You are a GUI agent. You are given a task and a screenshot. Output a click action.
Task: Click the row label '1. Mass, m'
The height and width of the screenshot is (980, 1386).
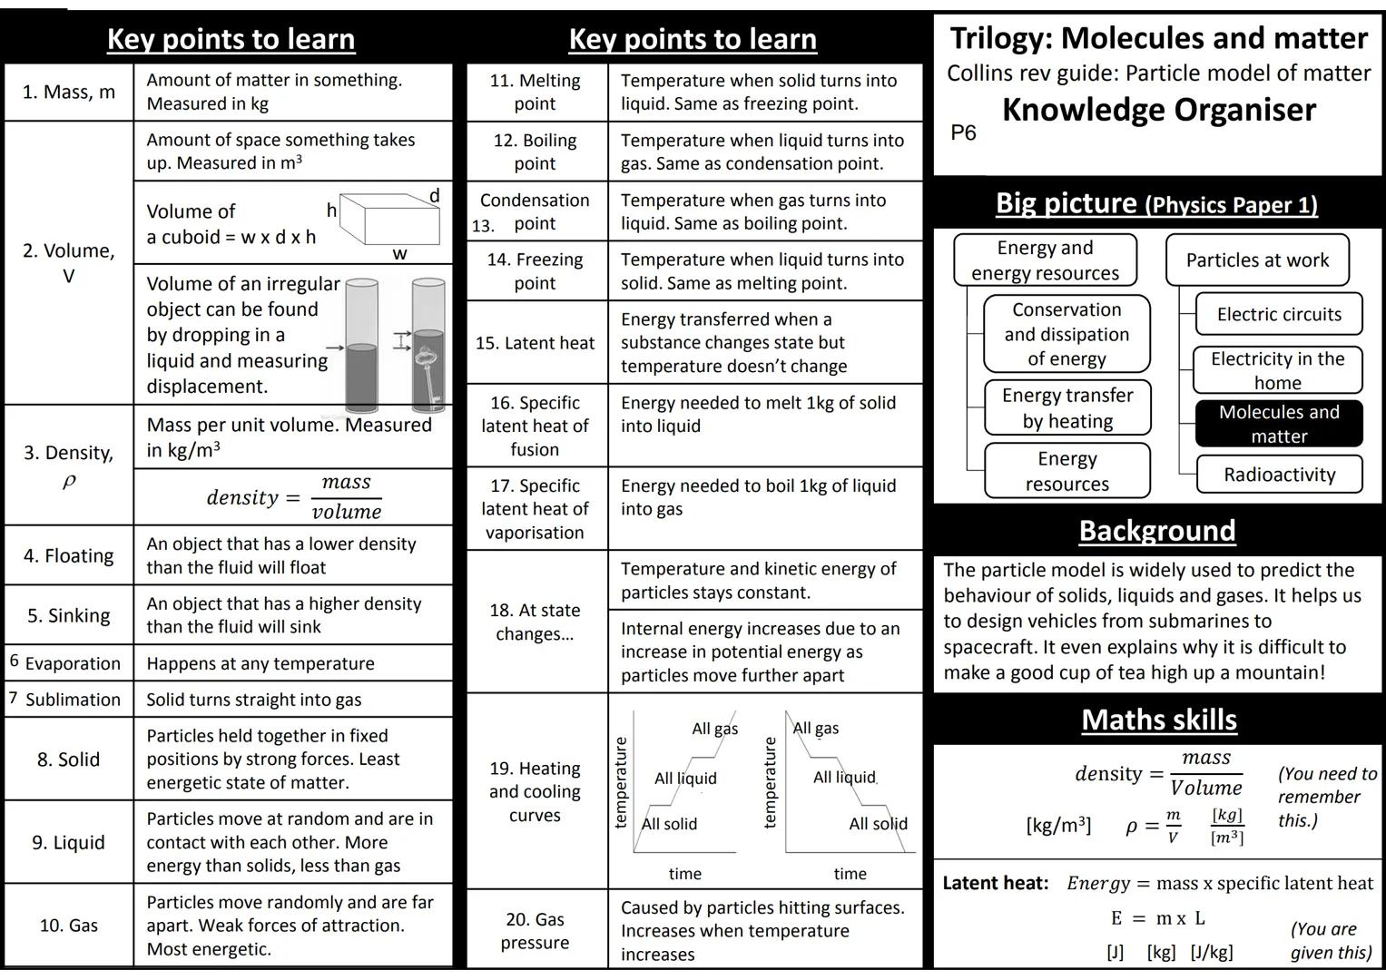69,92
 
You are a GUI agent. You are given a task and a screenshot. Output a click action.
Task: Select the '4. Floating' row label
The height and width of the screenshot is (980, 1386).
69,555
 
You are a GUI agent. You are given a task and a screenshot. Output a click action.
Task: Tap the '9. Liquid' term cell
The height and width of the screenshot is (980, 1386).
69,842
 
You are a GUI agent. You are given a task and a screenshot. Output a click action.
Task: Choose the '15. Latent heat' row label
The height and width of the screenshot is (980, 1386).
535,343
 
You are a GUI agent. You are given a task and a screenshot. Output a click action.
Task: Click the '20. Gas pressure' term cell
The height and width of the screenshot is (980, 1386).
535,931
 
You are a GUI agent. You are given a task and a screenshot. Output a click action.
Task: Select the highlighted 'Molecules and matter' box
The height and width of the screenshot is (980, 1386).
1279,424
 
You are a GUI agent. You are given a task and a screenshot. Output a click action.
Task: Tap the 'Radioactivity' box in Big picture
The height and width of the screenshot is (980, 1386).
1279,475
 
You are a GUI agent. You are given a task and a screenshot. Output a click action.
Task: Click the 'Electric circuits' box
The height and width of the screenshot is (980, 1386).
1279,314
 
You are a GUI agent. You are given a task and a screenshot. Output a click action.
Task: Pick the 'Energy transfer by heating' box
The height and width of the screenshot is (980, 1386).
1067,408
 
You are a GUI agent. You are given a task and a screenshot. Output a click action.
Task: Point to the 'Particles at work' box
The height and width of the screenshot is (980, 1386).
1257,260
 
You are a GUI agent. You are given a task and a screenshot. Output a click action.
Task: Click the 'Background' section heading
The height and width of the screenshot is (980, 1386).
1157,531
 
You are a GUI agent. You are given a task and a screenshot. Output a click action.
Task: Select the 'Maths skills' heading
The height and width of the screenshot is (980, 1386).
1159,720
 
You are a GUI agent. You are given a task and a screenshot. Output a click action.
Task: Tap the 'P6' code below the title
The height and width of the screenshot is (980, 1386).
963,133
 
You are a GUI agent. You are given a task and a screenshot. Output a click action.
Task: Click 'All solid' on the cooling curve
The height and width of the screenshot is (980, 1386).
878,824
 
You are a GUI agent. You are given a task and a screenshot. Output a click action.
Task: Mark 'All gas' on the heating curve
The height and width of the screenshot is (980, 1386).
714,729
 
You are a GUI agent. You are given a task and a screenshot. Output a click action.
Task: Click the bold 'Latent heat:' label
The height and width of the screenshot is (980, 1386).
996,883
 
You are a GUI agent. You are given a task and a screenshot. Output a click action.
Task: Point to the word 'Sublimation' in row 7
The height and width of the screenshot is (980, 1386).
73,700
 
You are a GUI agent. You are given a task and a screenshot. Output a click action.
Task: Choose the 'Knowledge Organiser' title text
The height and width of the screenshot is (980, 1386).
1159,110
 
